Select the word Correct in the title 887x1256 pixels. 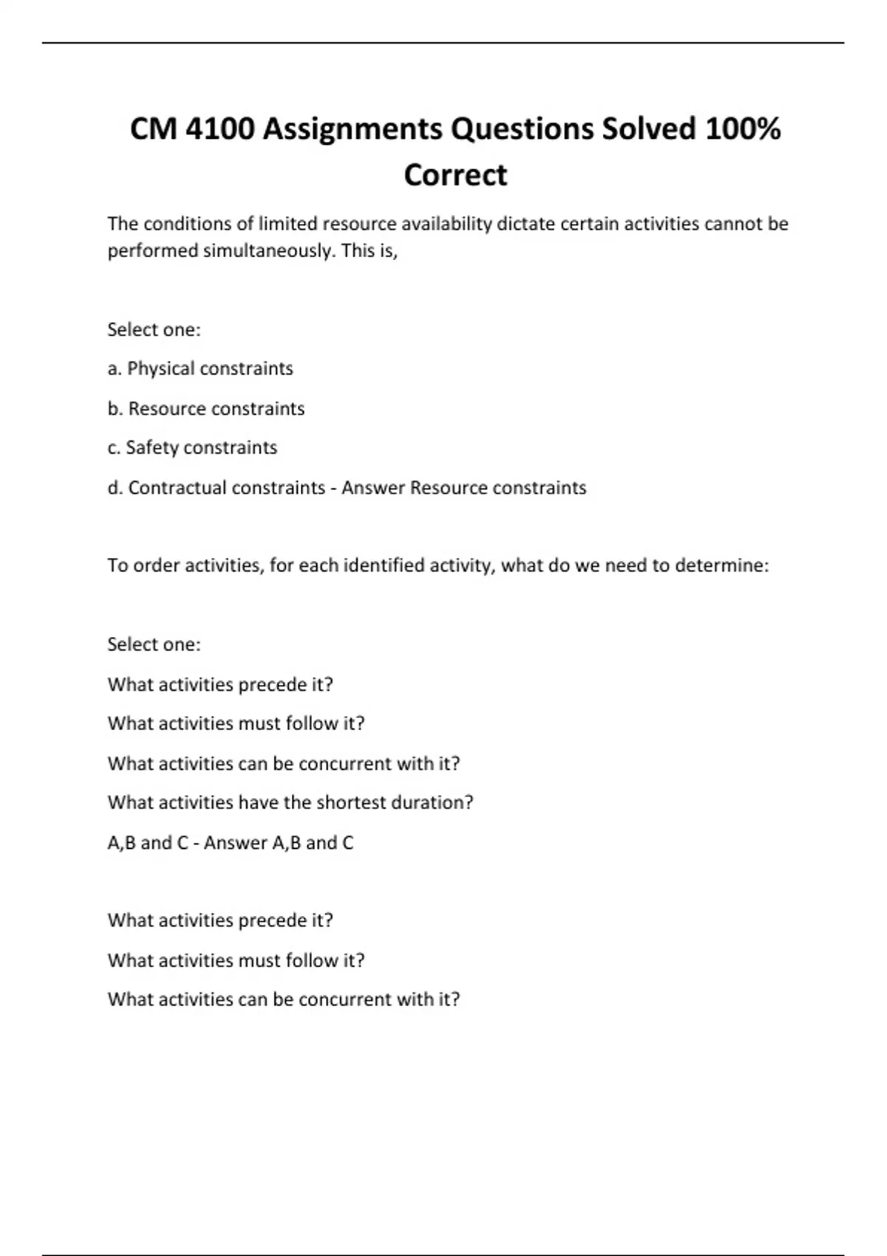point(455,175)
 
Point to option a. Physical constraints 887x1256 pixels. point(200,369)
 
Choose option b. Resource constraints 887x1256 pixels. point(206,409)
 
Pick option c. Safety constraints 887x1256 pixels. point(192,448)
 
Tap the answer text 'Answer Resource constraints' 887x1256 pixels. point(463,488)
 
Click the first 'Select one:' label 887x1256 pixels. point(154,330)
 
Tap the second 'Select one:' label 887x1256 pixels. point(154,644)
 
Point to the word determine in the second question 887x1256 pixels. point(721,566)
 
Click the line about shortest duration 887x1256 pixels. point(290,802)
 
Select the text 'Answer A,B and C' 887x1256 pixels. point(279,843)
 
